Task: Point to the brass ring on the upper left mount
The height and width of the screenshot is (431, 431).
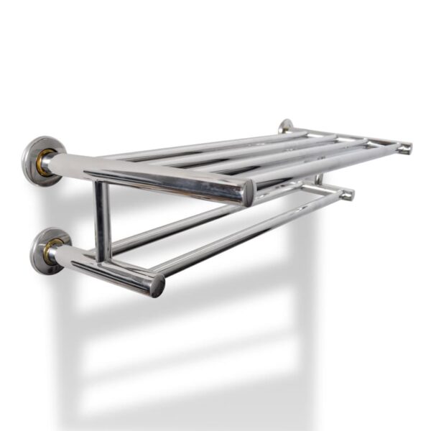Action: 45,163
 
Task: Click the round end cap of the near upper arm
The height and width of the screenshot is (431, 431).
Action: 248,193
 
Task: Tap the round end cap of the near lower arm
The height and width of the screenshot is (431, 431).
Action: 157,284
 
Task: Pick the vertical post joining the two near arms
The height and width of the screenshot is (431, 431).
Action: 103,220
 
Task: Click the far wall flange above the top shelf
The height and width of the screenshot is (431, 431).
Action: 286,126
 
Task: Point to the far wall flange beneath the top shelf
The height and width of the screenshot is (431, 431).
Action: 317,177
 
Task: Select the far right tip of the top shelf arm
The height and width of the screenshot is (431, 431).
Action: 406,148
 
